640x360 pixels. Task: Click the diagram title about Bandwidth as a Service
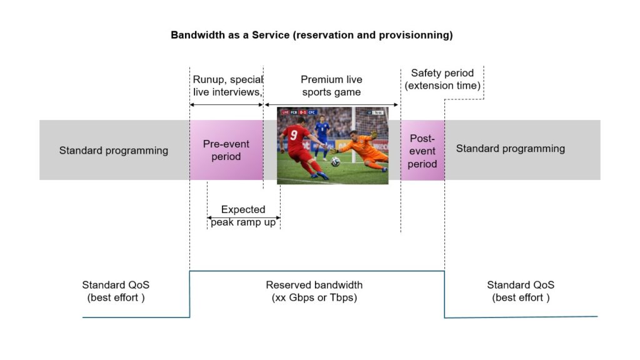[x=311, y=35]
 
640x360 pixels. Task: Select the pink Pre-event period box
[x=226, y=150]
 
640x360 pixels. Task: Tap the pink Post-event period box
[x=422, y=151]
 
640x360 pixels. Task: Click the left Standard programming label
[x=114, y=150]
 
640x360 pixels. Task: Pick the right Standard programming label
[x=510, y=148]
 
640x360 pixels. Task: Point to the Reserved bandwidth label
[x=314, y=291]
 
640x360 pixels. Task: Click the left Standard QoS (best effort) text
[x=116, y=291]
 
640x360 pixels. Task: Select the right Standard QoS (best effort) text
[x=521, y=291]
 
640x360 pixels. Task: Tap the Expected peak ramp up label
[x=243, y=216]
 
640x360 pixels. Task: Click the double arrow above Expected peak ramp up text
[x=243, y=218]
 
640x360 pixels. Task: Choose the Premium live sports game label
[x=331, y=86]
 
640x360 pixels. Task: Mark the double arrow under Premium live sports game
[x=331, y=104]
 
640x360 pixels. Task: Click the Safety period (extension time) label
[x=442, y=79]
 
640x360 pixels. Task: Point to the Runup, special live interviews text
[x=227, y=86]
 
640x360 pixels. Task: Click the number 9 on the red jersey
[x=293, y=133]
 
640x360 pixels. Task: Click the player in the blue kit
[x=321, y=132]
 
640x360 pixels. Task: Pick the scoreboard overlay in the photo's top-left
[x=299, y=112]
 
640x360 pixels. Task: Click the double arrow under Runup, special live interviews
[x=226, y=104]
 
